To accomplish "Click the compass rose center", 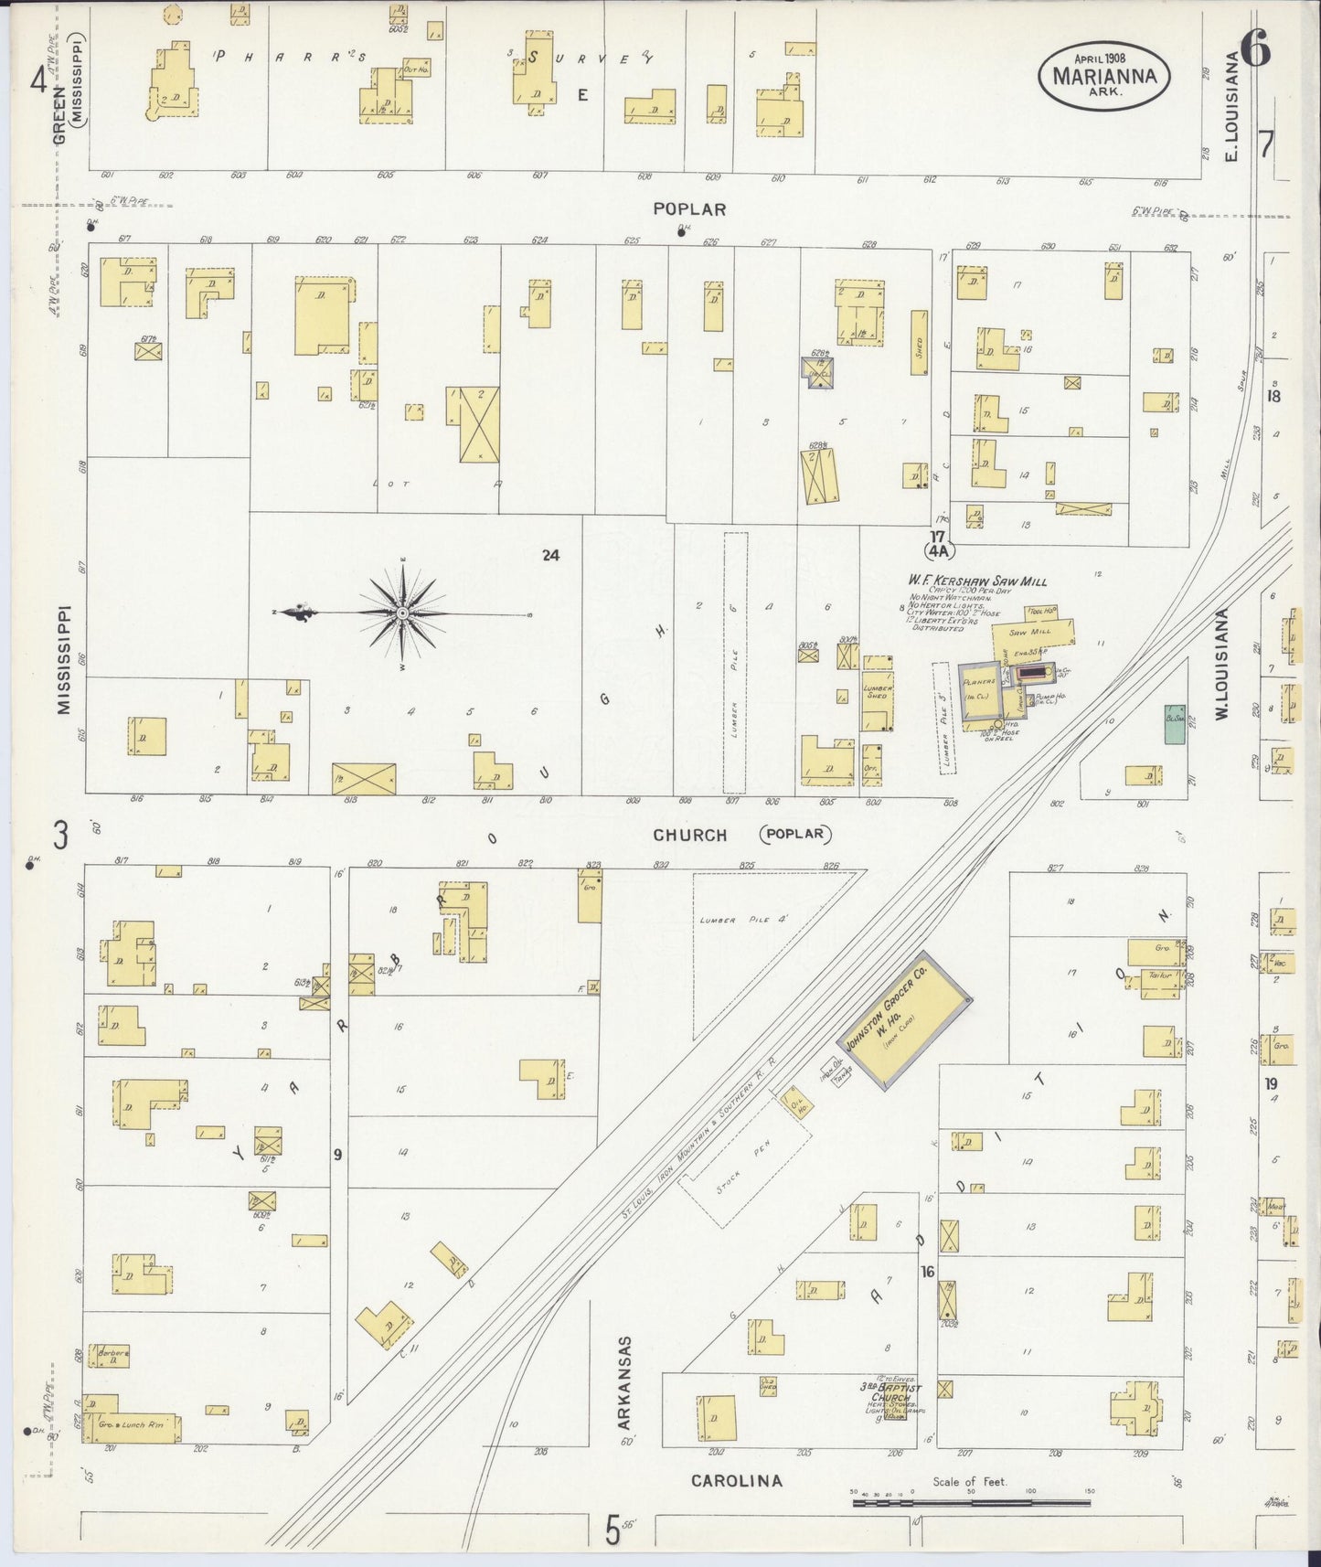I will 402,613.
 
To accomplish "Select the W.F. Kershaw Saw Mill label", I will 976,581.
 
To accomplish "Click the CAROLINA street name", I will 736,1480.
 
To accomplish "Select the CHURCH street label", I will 690,835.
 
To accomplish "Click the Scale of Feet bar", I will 969,1501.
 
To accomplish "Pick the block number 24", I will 549,555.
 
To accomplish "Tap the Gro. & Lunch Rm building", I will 133,1425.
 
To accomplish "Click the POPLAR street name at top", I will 689,209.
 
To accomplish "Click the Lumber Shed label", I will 877,692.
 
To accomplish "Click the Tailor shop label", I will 1159,976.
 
